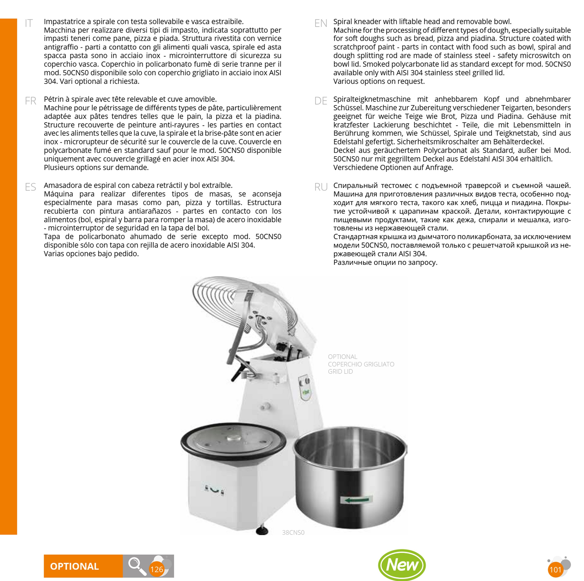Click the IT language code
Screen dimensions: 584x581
(29, 23)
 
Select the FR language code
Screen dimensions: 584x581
(30, 101)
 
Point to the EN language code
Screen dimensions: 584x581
(321, 23)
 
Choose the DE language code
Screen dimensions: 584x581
(321, 101)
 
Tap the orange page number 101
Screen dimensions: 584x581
(555, 570)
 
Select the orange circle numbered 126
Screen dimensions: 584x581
(157, 570)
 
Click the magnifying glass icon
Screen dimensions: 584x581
(137, 566)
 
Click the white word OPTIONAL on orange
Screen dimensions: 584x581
(74, 566)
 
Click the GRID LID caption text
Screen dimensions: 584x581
(340, 372)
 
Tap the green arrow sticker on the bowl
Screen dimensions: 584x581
(357, 500)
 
